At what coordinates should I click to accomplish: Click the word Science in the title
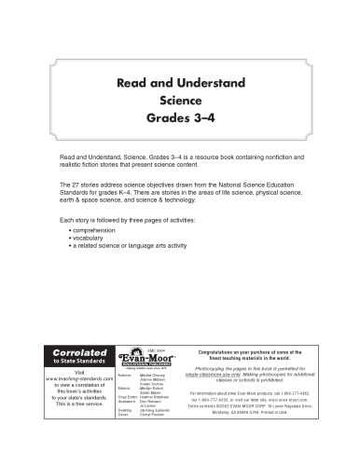tap(180, 101)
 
